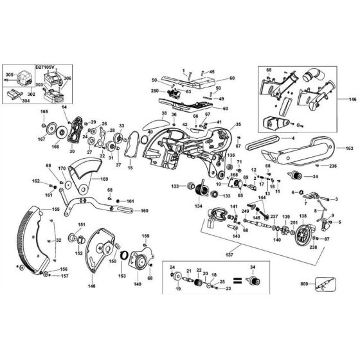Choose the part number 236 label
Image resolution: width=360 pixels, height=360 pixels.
point(333,166)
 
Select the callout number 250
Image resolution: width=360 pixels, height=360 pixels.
point(154,91)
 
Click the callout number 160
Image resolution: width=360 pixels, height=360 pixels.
point(145,210)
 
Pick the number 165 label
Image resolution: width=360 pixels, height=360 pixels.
point(44,112)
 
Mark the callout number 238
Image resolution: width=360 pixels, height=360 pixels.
point(312,246)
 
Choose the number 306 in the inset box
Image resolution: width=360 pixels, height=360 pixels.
point(68,78)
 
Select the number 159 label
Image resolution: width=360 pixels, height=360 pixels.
point(145,236)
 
